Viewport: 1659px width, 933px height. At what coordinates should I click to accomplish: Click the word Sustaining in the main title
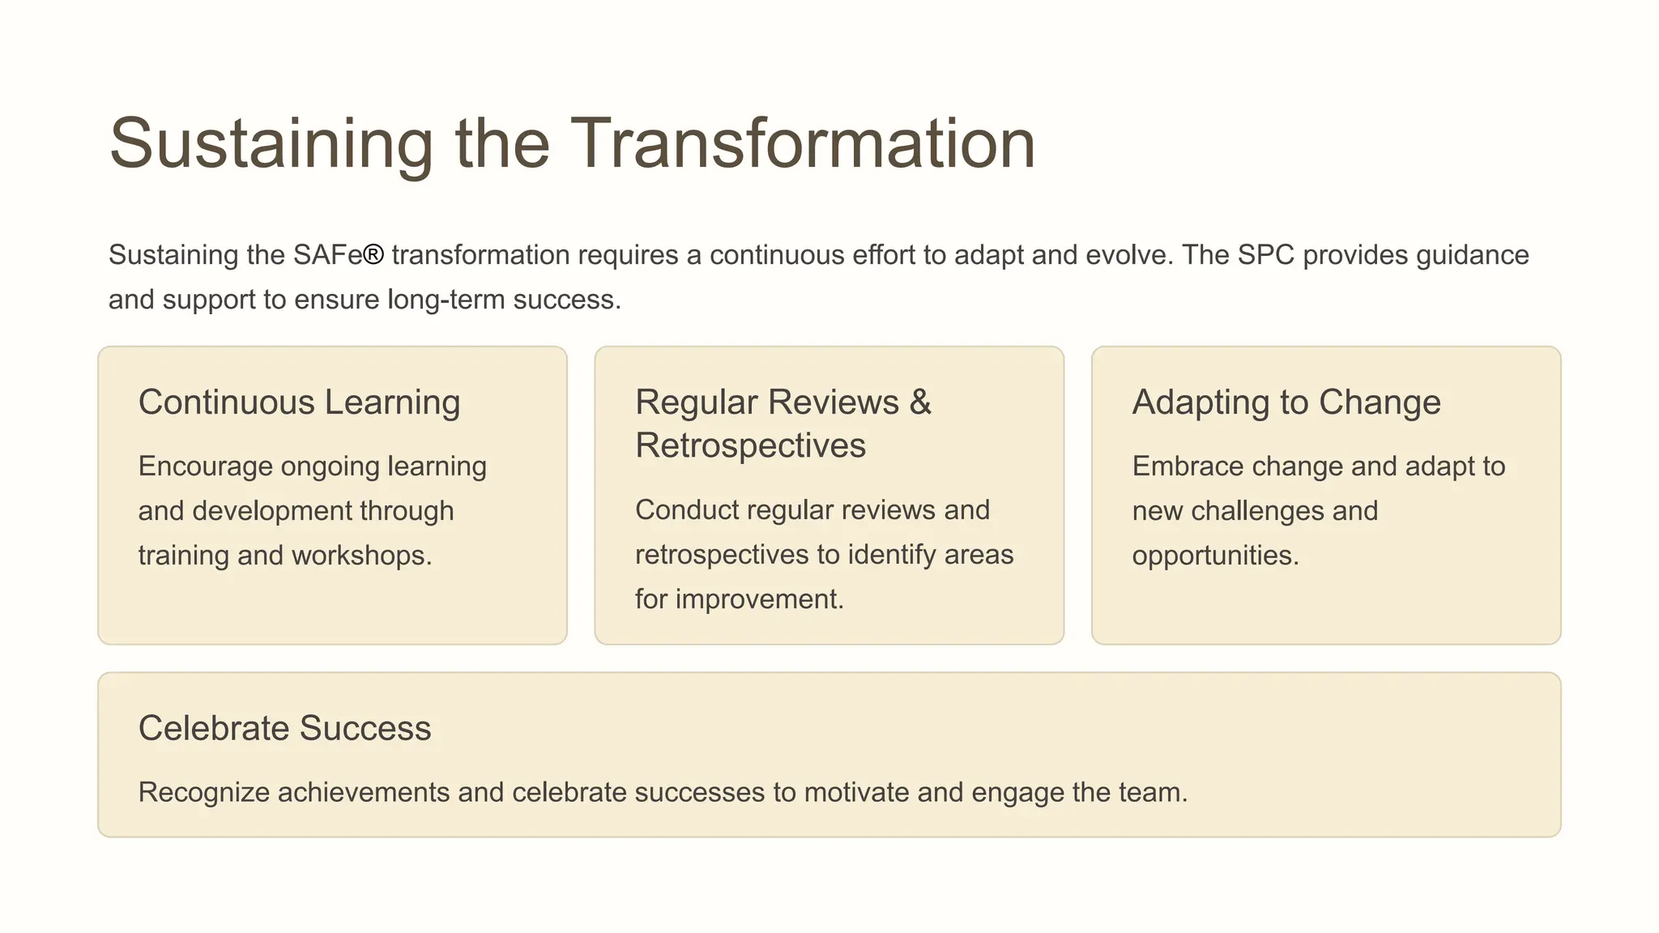[x=271, y=143]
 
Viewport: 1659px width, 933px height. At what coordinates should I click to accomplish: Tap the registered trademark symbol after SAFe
[x=373, y=255]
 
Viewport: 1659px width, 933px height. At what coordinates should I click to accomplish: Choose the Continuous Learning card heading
[x=299, y=403]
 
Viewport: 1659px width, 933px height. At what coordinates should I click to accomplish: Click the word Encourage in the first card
[x=205, y=466]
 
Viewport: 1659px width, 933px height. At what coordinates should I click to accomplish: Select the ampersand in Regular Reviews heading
[x=920, y=403]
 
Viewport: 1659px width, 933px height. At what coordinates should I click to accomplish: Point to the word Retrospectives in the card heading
[x=750, y=446]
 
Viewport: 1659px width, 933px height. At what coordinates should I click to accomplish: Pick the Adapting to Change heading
[x=1286, y=403]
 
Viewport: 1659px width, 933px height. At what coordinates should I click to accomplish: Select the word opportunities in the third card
[x=1214, y=556]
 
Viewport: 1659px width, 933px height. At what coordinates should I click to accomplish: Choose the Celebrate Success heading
[x=284, y=728]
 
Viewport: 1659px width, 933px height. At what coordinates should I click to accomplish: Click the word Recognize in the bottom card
[x=203, y=792]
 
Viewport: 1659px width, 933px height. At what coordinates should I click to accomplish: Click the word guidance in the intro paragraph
[x=1472, y=255]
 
